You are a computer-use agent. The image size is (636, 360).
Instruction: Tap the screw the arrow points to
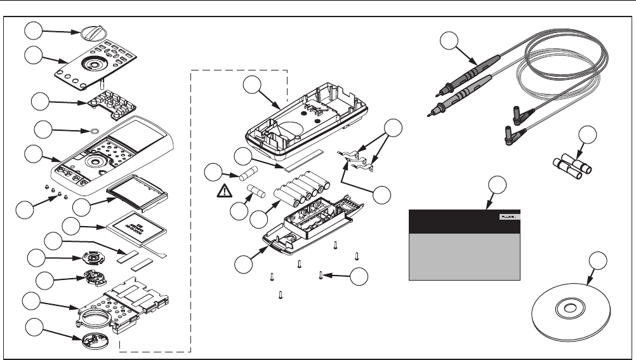point(322,274)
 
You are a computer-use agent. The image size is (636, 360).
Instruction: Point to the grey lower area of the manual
point(463,256)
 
